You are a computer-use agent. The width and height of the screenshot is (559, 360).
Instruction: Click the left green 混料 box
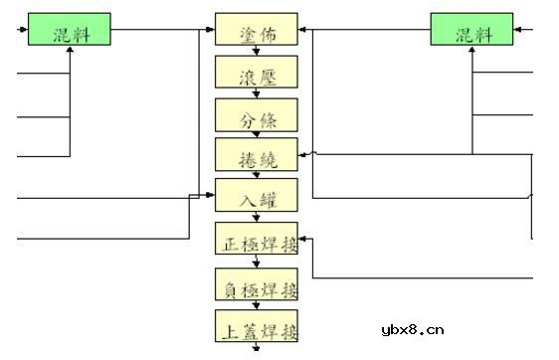pos(69,30)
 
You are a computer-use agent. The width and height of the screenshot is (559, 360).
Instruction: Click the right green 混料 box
pos(471,30)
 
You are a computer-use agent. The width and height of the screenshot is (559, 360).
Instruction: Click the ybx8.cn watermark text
pos(412,331)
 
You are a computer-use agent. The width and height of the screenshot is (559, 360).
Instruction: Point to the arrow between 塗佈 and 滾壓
pos(256,51)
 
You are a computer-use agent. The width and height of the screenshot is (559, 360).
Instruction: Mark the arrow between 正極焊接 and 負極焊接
pos(256,262)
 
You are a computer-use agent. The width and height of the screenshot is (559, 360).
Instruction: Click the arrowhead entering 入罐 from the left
pos(210,195)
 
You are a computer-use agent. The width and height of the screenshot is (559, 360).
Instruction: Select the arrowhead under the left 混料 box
pos(70,50)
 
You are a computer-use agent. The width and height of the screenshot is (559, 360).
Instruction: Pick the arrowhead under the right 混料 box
pos(472,50)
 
